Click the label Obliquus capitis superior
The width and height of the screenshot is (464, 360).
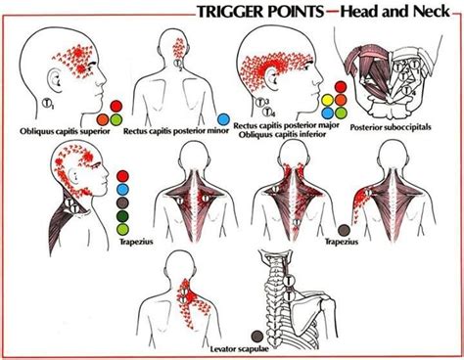[x=62, y=129]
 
